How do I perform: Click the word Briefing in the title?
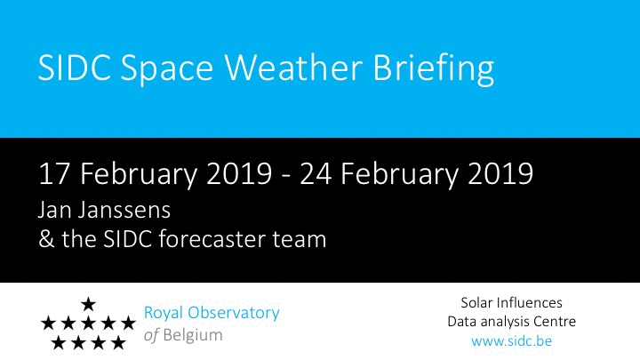pyautogui.click(x=434, y=69)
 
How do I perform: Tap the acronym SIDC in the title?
pyautogui.click(x=75, y=67)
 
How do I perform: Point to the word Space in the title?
pyautogui.click(x=167, y=69)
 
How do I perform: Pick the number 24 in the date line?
pyautogui.click(x=316, y=174)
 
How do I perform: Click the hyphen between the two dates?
pyautogui.click(x=286, y=177)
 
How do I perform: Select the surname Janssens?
pyautogui.click(x=124, y=211)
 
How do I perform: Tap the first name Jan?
pyautogui.click(x=55, y=211)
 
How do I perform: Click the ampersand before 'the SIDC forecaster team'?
pyautogui.click(x=46, y=240)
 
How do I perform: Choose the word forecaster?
pyautogui.click(x=212, y=239)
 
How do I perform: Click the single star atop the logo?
pyautogui.click(x=88, y=304)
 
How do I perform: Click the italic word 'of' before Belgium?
pyautogui.click(x=151, y=335)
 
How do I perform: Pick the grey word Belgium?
pyautogui.click(x=193, y=335)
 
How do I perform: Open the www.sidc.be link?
pyautogui.click(x=511, y=340)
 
